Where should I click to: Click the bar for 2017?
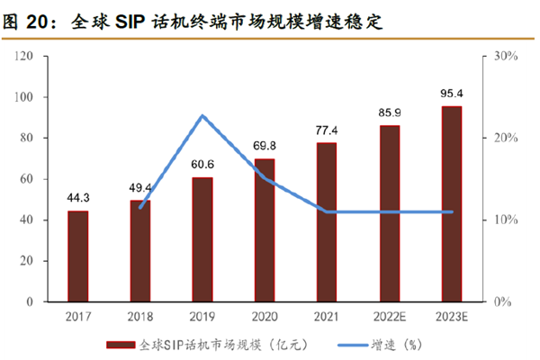(77, 256)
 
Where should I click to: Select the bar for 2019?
(202, 239)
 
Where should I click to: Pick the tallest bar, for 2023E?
(451, 203)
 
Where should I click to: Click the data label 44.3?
(77, 198)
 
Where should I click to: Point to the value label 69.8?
(265, 146)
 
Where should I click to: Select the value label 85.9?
(389, 112)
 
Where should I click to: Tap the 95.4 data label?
(451, 93)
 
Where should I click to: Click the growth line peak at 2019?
(202, 116)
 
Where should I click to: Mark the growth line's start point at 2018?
(140, 207)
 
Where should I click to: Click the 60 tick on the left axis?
(28, 179)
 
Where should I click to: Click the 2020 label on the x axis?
(265, 316)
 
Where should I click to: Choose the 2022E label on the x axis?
(389, 316)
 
